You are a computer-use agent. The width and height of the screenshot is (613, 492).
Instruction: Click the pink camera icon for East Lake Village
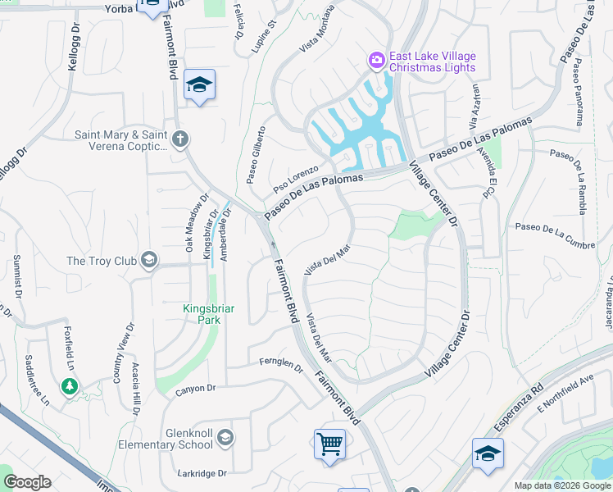376,59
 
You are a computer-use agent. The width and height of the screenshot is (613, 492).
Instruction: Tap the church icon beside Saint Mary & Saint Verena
181,139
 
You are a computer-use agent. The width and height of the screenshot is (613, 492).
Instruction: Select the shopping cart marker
329,444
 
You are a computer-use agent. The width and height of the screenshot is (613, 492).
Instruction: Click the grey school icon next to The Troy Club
148,261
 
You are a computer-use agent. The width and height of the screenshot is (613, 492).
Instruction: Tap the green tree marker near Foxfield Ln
70,385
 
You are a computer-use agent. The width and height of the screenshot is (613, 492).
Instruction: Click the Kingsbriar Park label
208,314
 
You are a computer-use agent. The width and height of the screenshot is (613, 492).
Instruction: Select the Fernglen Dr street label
281,361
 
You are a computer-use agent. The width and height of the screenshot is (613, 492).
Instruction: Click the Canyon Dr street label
195,388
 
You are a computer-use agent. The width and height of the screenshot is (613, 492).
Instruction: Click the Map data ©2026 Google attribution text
561,485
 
